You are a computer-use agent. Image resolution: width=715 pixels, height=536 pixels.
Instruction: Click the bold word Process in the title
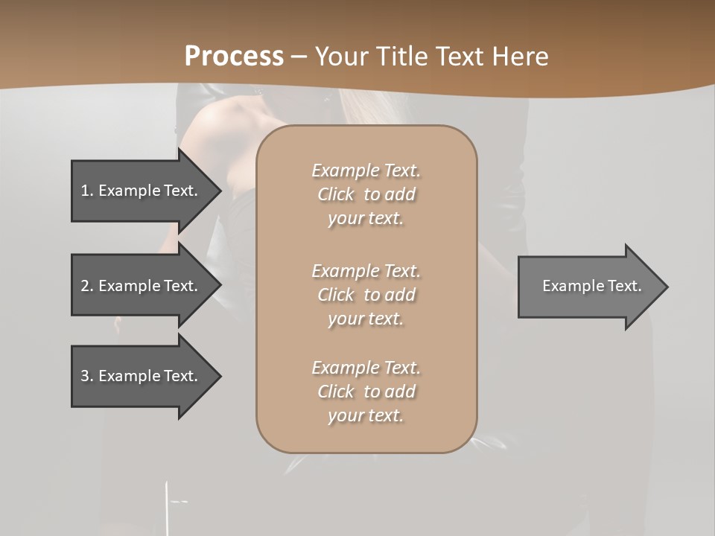234,57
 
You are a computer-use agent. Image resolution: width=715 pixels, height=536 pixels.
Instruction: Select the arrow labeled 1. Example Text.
142,191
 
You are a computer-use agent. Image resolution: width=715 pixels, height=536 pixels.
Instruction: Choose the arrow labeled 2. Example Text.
142,286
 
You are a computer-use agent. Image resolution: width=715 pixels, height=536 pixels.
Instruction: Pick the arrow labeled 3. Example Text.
142,376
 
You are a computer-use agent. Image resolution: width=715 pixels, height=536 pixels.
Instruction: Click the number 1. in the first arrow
87,191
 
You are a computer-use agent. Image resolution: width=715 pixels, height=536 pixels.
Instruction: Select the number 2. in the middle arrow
87,286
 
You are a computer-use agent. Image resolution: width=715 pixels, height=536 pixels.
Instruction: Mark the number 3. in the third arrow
87,376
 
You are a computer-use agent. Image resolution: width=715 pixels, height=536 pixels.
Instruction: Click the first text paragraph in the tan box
366,194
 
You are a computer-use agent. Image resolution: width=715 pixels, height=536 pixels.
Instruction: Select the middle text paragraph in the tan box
366,295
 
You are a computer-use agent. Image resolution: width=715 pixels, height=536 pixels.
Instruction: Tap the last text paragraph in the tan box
366,392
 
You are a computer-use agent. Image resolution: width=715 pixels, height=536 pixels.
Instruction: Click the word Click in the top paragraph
335,194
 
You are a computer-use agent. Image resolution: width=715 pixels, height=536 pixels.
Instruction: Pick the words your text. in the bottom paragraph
366,415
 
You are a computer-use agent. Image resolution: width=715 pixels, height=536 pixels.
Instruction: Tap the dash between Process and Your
299,57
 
